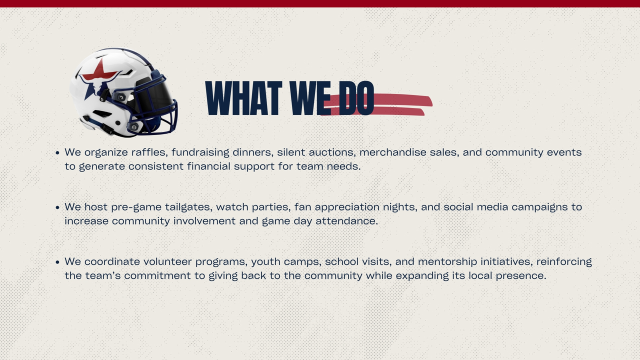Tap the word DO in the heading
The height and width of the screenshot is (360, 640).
click(356, 98)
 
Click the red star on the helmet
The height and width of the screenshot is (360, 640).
click(99, 70)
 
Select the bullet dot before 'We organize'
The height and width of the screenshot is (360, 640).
click(57, 153)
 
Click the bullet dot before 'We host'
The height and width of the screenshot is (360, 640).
click(57, 207)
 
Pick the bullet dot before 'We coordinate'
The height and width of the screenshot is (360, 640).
click(57, 262)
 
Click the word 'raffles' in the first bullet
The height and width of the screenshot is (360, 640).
click(149, 152)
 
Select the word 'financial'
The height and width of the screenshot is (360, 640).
click(208, 166)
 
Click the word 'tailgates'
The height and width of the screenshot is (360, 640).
click(188, 207)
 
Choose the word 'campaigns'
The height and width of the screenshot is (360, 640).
click(539, 207)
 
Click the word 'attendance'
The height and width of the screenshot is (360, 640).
click(346, 221)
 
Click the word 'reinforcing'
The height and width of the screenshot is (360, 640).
click(564, 261)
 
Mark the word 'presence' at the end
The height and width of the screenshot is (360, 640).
click(521, 276)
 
